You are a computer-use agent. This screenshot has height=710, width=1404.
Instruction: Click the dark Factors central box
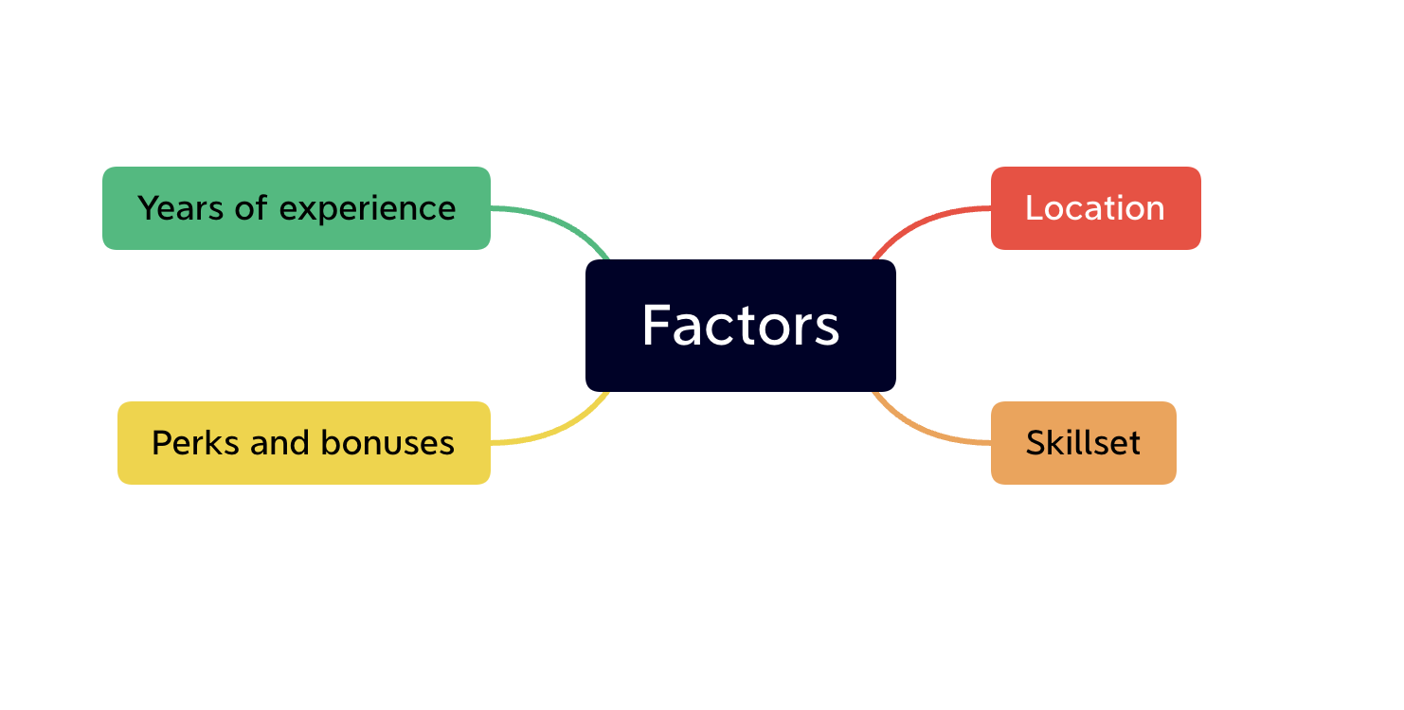(740, 325)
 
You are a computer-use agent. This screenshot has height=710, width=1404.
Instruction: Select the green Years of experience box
(296, 208)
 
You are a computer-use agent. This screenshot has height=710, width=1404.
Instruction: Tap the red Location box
(1095, 208)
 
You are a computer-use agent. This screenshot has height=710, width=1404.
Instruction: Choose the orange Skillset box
(1083, 443)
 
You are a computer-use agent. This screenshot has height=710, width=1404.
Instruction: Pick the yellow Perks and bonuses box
(303, 443)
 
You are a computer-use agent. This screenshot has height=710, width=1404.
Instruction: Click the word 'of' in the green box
(251, 208)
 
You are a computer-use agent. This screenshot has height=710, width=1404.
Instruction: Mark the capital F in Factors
(657, 326)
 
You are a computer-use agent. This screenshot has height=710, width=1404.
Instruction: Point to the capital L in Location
(1034, 208)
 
